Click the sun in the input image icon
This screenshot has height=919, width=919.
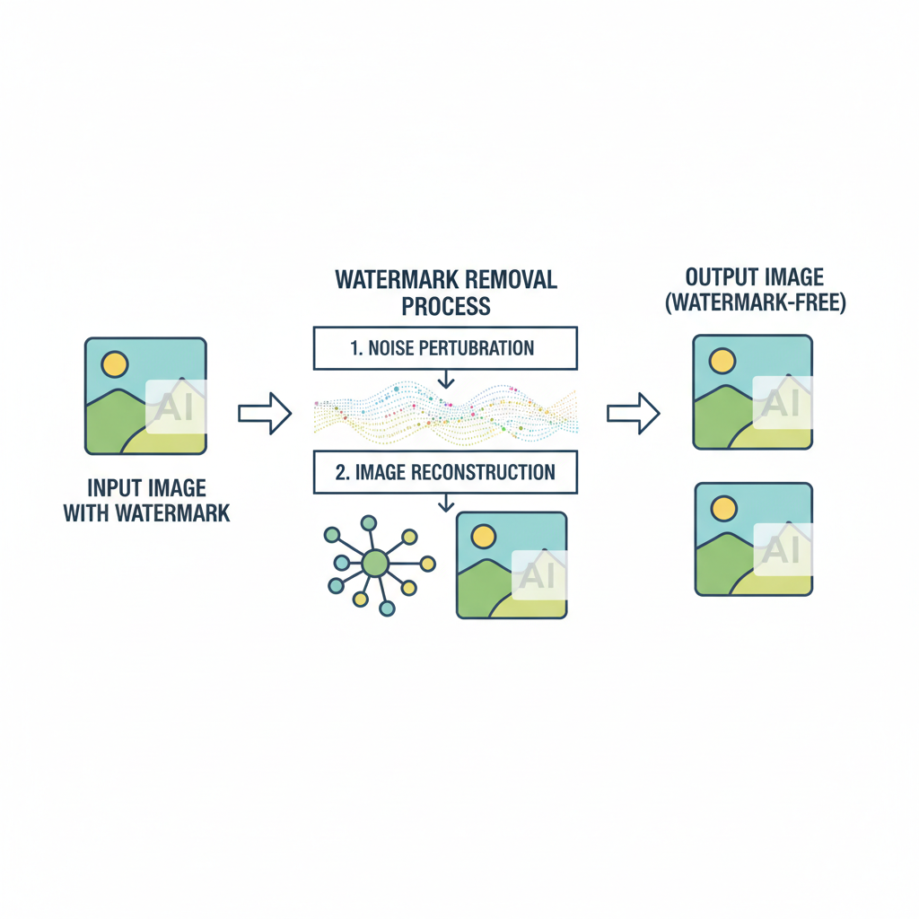[x=115, y=363]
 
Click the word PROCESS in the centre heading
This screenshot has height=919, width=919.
[x=446, y=306]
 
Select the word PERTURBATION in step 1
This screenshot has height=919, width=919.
[x=481, y=347]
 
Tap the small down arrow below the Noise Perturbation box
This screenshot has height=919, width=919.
[x=446, y=381]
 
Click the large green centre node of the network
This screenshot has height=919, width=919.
[x=375, y=563]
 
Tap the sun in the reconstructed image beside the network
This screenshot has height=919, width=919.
[x=483, y=537]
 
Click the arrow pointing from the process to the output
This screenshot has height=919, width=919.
[x=634, y=413]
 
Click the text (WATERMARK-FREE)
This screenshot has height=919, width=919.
[x=755, y=304]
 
